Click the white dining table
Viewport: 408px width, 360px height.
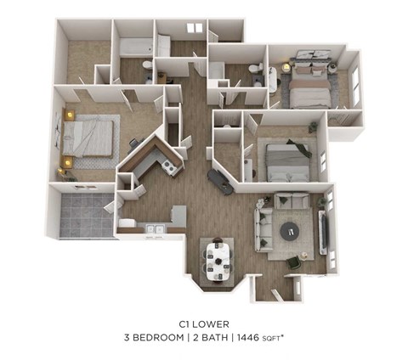click(x=218, y=258)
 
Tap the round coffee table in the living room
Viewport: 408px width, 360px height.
click(x=291, y=229)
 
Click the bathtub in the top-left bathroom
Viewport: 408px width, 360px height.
click(x=135, y=48)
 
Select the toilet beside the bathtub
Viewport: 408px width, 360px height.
click(x=148, y=65)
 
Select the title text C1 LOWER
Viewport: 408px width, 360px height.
click(x=204, y=323)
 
